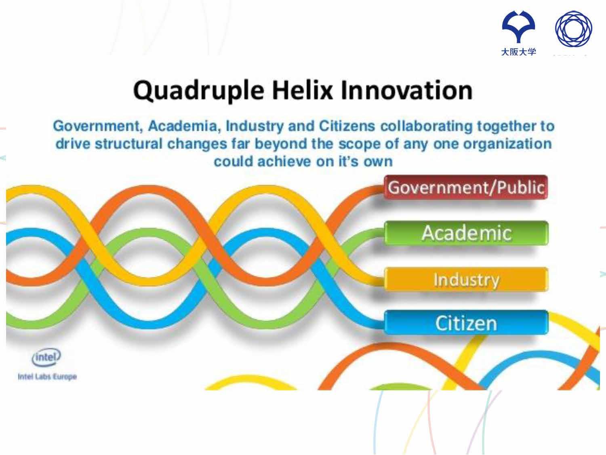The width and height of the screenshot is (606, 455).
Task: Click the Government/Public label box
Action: coord(466,187)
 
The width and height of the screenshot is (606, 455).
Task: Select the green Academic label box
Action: coord(466,233)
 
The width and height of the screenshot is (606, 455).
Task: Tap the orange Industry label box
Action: coord(466,279)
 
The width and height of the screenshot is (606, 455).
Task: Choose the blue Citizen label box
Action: coord(466,323)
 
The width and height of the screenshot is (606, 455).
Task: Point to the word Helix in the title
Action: coord(302,90)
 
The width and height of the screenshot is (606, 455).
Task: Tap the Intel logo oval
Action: coord(46,358)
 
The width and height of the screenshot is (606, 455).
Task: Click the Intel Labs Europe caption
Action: coord(47,377)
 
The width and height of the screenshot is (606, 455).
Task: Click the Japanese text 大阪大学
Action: coord(518,52)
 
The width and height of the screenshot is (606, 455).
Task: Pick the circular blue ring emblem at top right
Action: coord(573,29)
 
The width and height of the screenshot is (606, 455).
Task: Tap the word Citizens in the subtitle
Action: coord(347,126)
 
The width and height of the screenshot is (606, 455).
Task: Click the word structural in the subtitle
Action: coord(128,144)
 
